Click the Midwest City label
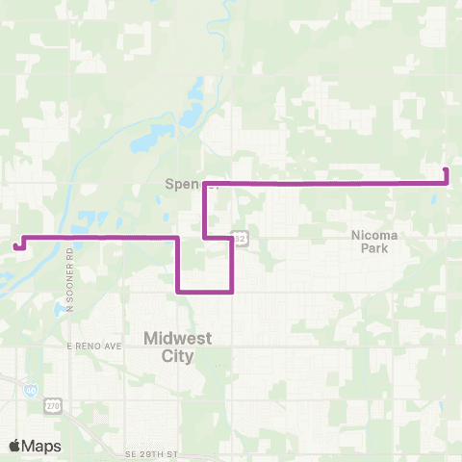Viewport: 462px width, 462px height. tap(167, 346)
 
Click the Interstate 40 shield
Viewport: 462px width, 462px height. tap(34, 389)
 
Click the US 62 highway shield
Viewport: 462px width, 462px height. tap(242, 238)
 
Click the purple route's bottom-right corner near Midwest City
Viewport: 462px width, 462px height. tap(231, 290)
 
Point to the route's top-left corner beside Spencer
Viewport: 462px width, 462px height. tap(205, 182)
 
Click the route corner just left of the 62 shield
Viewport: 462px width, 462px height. tap(231, 237)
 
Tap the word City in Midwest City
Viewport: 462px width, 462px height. tap(167, 356)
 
